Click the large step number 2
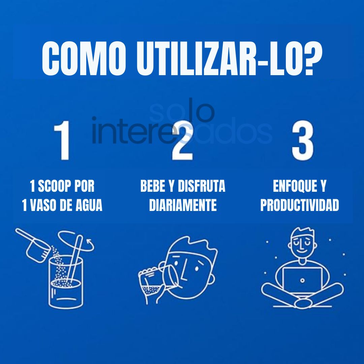tap(182, 142)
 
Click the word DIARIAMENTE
tap(183, 205)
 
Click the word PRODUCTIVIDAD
tap(299, 205)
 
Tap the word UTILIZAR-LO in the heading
tap(216, 59)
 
